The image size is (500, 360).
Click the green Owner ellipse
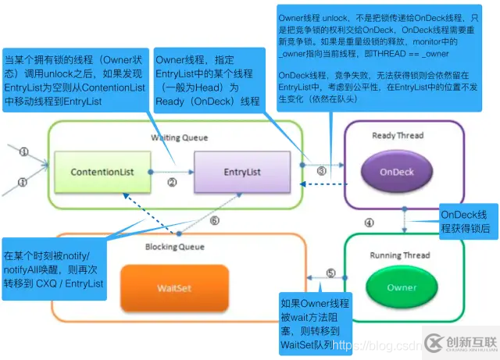click(x=402, y=287)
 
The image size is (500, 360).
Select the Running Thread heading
click(x=400, y=255)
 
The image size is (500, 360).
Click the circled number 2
click(x=173, y=183)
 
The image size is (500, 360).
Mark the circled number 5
click(x=330, y=273)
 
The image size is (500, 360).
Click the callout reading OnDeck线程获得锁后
click(x=466, y=222)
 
